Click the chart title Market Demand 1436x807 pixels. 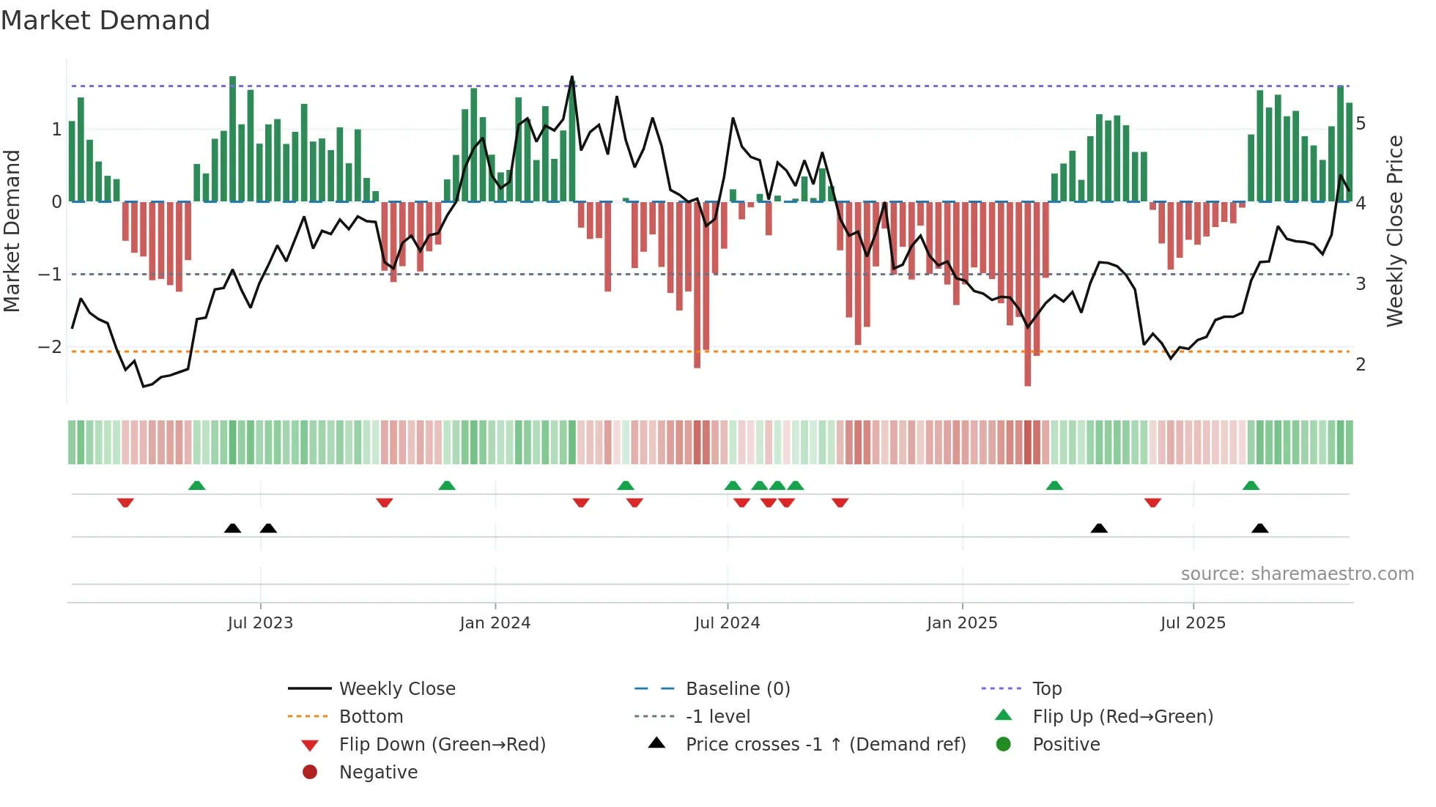pos(106,21)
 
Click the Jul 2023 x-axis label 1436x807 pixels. pos(260,623)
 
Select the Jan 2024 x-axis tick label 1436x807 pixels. pos(495,623)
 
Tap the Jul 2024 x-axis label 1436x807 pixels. pos(727,623)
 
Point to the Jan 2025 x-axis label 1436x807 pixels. pos(961,623)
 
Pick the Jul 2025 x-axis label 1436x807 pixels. pos(1193,623)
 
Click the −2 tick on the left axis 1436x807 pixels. pos(51,346)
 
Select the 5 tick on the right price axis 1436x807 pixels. pos(1361,123)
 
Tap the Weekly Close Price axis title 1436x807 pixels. pos(1395,231)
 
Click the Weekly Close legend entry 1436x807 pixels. pos(396,689)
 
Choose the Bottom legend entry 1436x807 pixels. pos(371,717)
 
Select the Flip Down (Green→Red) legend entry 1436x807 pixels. pos(442,745)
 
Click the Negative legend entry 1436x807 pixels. pos(378,773)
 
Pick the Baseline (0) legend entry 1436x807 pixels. pos(737,689)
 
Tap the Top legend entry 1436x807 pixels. pos(1047,689)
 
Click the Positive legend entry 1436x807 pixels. pos(1066,745)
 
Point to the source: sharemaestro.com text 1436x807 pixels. pos(1297,574)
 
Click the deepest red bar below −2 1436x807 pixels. pos(1027,366)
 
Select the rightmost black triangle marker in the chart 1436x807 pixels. pos(1259,528)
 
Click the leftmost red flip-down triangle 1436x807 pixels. pos(125,502)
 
